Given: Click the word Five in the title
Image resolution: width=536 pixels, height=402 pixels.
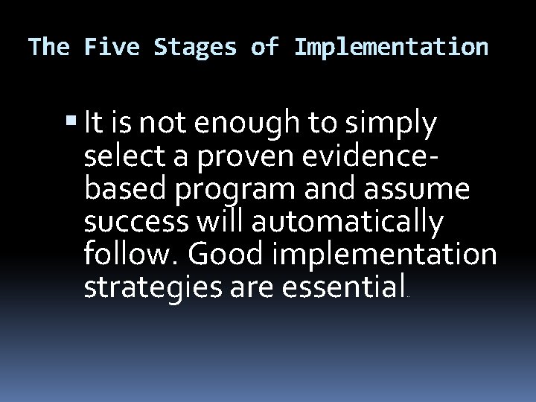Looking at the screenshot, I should point(112,48).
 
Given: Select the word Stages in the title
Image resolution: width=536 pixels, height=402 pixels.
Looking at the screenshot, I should point(196,48).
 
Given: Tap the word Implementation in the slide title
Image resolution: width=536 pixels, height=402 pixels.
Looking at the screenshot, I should point(392,48).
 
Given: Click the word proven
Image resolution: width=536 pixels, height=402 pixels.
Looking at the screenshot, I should point(237,157).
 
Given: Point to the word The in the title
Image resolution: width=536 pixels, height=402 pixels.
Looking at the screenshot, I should point(48,48).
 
